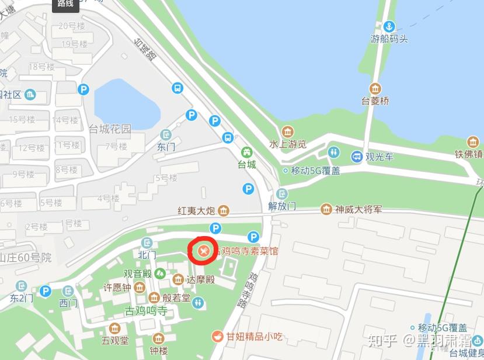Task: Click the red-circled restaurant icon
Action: pyautogui.click(x=203, y=251)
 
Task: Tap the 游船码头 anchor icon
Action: pyautogui.click(x=389, y=26)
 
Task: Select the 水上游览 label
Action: pyautogui.click(x=288, y=144)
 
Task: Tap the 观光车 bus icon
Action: pyautogui.click(x=357, y=157)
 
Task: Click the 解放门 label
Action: pyautogui.click(x=283, y=206)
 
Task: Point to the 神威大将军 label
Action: pyautogui.click(x=358, y=209)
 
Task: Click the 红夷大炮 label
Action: pyautogui.click(x=197, y=210)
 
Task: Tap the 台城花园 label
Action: pyautogui.click(x=110, y=129)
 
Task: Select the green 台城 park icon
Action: pyautogui.click(x=247, y=153)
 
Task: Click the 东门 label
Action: pyautogui.click(x=166, y=147)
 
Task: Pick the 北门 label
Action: pyautogui.click(x=147, y=255)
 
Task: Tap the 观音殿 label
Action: pyautogui.click(x=137, y=273)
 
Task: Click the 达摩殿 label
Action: pyautogui.click(x=200, y=279)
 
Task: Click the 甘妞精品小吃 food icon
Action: pyautogui.click(x=217, y=336)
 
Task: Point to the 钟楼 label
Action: pyautogui.click(x=158, y=351)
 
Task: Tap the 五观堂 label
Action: pyautogui.click(x=114, y=340)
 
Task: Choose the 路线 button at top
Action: pyautogui.click(x=65, y=5)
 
